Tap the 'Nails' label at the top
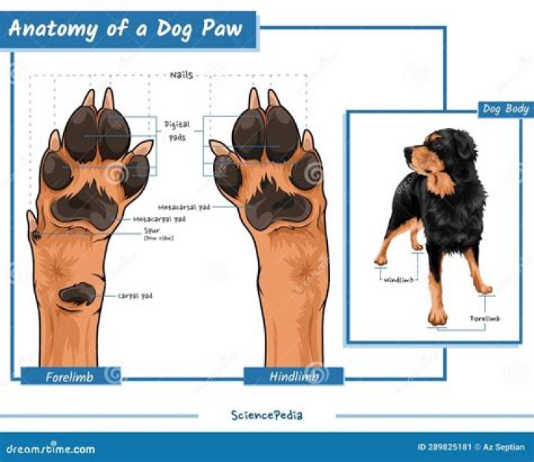(181, 76)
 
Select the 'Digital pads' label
(177, 131)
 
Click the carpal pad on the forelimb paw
(78, 294)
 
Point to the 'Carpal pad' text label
(135, 295)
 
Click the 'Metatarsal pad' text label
(184, 207)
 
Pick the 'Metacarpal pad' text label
(159, 220)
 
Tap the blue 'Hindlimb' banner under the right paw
(294, 377)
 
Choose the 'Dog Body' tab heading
(505, 109)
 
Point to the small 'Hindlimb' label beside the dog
(399, 280)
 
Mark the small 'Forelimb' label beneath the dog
(485, 318)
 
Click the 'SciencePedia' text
(266, 415)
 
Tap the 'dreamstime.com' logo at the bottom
(50, 448)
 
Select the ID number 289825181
(444, 447)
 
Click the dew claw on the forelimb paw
(36, 235)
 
